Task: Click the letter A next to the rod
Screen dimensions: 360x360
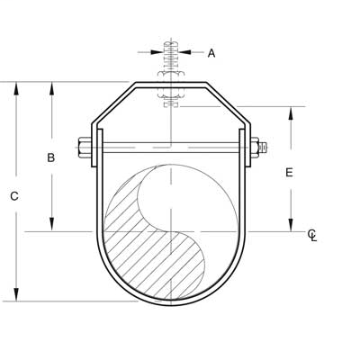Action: [212, 53]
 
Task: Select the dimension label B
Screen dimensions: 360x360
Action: [51, 157]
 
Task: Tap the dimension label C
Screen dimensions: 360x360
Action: [14, 194]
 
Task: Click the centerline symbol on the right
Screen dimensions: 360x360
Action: [311, 236]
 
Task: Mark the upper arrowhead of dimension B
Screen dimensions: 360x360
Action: [51, 88]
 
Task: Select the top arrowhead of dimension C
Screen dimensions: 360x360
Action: [15, 88]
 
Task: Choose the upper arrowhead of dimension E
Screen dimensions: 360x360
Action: [290, 112]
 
